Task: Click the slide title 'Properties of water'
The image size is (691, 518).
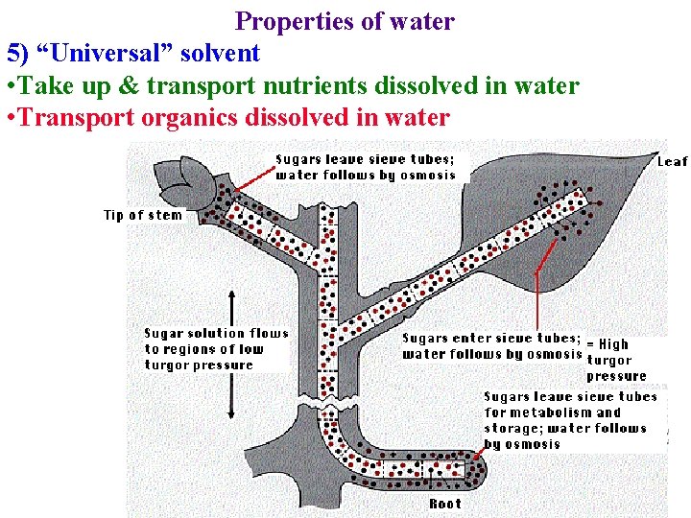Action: (345, 21)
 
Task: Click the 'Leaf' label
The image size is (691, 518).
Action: (672, 162)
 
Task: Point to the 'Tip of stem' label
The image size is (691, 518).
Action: (142, 215)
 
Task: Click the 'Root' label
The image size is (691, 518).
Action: (444, 504)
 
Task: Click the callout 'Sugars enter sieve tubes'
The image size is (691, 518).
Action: (490, 345)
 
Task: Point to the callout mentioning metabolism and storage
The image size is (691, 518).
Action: (570, 420)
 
